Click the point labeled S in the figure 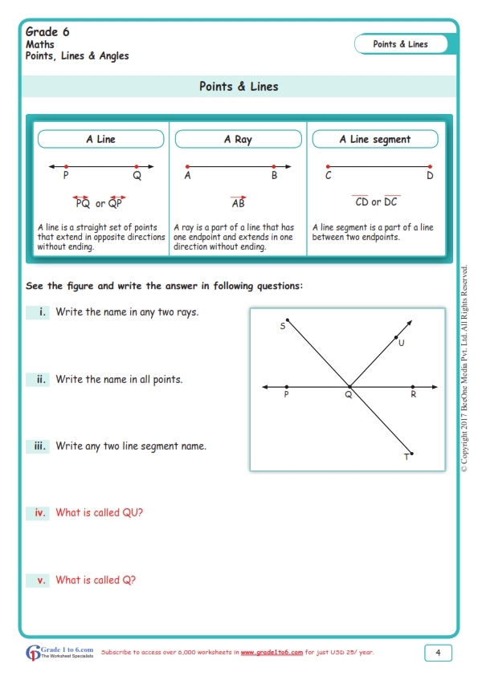coord(288,320)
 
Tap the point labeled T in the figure coord(412,453)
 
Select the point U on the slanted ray coord(396,337)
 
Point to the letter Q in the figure coord(349,395)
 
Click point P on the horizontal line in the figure coord(287,387)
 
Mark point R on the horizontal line coord(413,387)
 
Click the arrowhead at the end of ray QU coord(411,323)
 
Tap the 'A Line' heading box coord(101,140)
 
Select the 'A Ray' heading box coord(238,140)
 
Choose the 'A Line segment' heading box coord(374,140)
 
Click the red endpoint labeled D coord(430,166)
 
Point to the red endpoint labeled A coord(187,166)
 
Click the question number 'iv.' coord(39,512)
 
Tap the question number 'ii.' coord(39,379)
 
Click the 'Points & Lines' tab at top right coord(401,44)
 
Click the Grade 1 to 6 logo coord(60,652)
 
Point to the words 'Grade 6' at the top coord(47,32)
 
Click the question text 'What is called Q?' coord(96,580)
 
